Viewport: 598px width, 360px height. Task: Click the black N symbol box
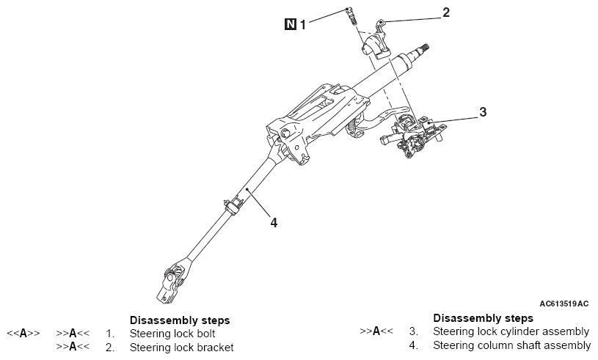point(291,24)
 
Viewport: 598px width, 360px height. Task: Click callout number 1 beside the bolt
point(302,24)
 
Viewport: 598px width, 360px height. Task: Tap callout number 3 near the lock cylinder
point(483,112)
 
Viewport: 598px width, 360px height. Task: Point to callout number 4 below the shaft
point(274,221)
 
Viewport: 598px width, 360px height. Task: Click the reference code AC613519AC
point(564,302)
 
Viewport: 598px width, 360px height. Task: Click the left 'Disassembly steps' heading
point(180,320)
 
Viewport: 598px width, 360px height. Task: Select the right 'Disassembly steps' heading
point(484,318)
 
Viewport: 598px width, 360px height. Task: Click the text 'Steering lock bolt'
point(172,334)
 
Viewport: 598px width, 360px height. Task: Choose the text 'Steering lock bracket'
point(181,347)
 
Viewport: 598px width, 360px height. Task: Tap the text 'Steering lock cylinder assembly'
point(511,331)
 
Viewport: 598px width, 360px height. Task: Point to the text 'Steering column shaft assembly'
point(511,345)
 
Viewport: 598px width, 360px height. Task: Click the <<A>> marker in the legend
point(23,334)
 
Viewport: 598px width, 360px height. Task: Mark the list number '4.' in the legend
point(414,345)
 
